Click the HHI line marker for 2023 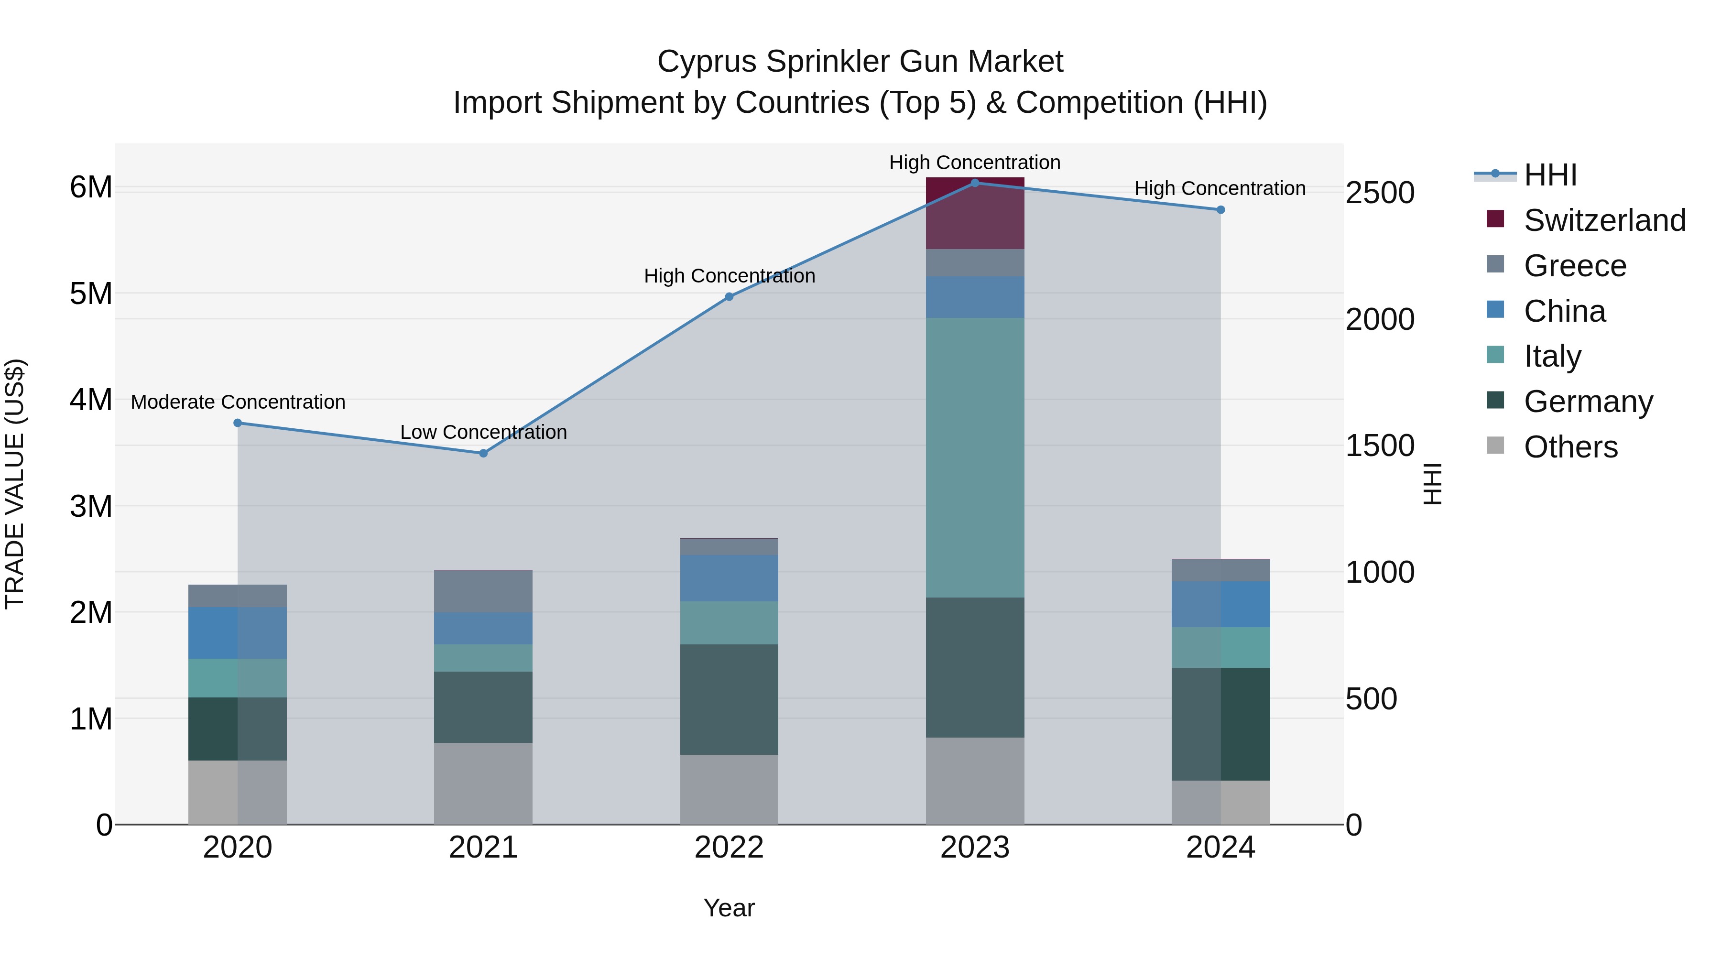(x=975, y=183)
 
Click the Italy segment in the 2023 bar (x=975, y=457)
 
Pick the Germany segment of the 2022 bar (x=729, y=699)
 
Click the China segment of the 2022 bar (x=729, y=578)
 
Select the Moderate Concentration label (x=238, y=402)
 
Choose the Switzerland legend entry (x=1604, y=220)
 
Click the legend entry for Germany (x=1587, y=402)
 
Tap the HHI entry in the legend (x=1549, y=175)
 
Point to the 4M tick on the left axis (x=91, y=400)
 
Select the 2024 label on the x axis (x=1220, y=848)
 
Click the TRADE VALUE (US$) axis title (x=15, y=484)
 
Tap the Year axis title (x=729, y=908)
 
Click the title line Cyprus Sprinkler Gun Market (x=860, y=62)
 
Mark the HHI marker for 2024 (x=1220, y=210)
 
